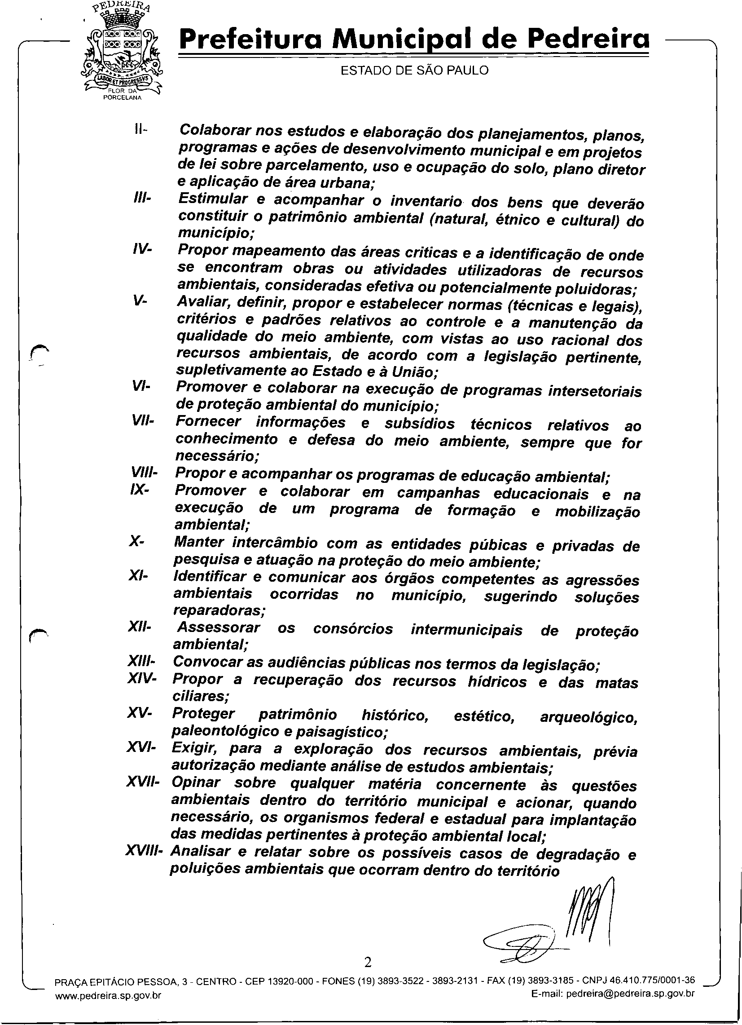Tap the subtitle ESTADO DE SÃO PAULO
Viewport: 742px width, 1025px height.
414,71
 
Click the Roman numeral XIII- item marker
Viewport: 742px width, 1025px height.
142,662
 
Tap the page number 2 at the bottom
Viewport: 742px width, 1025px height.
368,963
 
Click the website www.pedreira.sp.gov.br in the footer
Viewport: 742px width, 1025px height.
107,994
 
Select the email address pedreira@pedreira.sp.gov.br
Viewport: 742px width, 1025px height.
630,994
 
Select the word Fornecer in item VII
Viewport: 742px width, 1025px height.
208,421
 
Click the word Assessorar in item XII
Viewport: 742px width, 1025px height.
219,627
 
